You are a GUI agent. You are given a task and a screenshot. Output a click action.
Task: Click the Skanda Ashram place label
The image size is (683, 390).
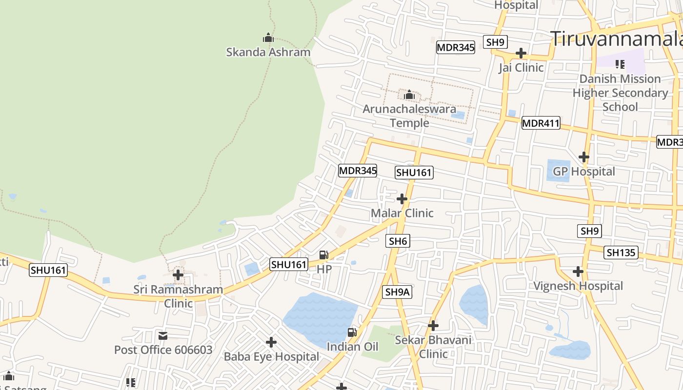(x=268, y=52)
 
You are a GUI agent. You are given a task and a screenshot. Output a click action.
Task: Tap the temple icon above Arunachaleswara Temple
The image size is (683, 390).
(x=409, y=94)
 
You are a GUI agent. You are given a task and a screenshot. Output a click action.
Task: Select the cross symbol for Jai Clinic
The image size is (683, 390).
(x=521, y=53)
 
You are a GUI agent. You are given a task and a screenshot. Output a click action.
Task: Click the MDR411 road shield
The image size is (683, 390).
(x=541, y=123)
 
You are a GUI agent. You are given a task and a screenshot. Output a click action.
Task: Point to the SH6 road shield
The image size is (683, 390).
(x=398, y=241)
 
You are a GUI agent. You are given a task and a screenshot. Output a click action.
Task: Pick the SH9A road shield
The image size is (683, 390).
(x=398, y=292)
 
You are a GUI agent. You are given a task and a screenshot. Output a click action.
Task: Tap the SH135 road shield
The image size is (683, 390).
(x=621, y=253)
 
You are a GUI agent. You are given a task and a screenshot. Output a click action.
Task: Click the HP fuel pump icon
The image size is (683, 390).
(x=323, y=255)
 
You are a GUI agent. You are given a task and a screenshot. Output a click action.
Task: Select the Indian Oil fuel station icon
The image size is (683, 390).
(x=352, y=332)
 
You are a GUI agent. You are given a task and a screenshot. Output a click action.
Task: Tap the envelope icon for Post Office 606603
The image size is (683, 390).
(x=163, y=336)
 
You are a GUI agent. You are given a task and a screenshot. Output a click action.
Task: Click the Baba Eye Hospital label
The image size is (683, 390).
(x=271, y=357)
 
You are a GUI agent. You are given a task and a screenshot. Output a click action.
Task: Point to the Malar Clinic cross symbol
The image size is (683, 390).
(x=402, y=199)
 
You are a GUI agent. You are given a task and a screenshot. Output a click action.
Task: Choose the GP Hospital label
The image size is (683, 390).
(x=583, y=172)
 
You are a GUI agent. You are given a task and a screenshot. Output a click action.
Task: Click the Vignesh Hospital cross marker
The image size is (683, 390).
(x=578, y=272)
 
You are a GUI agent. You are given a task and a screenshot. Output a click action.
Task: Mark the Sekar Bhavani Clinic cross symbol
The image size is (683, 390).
(x=433, y=326)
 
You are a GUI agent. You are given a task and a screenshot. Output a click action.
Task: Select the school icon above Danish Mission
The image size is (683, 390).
(x=620, y=64)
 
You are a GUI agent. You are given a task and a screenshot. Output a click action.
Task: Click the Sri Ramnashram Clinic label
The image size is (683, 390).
(x=178, y=296)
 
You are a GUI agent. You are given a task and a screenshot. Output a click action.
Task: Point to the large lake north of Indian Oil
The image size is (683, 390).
(x=320, y=317)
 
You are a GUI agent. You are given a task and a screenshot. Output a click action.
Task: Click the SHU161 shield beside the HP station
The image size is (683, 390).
(x=289, y=265)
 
